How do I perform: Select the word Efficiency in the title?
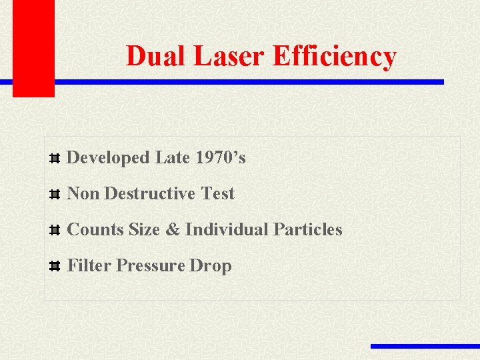click(x=335, y=57)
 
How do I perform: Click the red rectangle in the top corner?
click(x=33, y=47)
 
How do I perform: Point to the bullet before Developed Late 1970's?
click(x=56, y=159)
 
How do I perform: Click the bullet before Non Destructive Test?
click(x=56, y=195)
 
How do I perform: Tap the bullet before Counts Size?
click(x=56, y=231)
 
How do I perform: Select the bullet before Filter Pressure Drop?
click(x=56, y=267)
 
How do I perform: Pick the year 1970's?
click(x=221, y=158)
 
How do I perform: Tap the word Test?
click(x=218, y=194)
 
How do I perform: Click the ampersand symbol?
click(x=173, y=230)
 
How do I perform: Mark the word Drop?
click(x=211, y=266)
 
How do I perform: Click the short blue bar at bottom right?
click(x=425, y=346)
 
